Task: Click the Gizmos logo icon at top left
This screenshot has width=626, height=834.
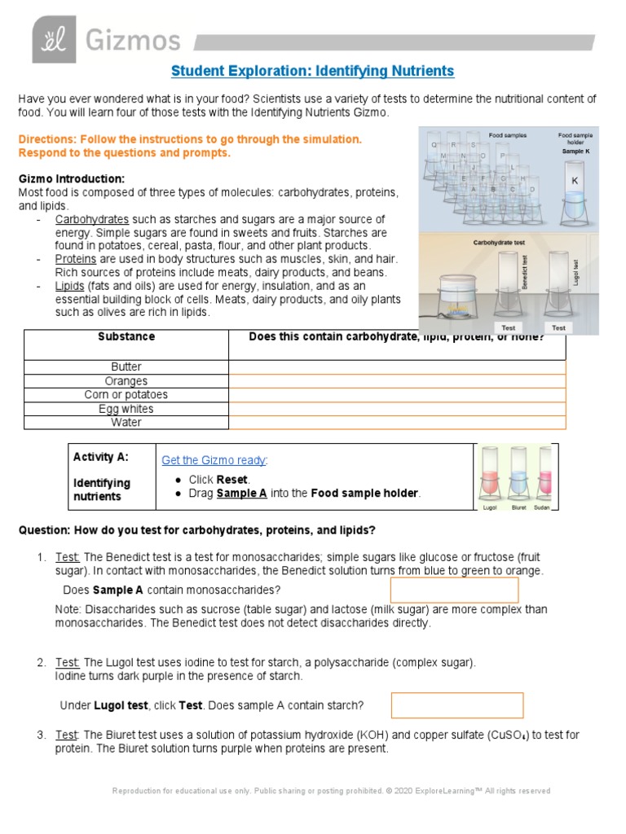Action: point(54,39)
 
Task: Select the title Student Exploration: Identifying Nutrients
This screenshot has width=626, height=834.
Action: point(313,71)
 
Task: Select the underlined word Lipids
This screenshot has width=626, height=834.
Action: point(70,286)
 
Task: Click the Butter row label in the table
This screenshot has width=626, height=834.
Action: point(126,367)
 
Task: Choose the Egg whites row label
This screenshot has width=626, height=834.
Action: point(126,409)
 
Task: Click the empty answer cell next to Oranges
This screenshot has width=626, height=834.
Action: point(397,381)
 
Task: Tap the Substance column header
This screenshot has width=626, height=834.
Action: point(126,336)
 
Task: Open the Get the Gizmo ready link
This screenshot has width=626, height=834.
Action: point(214,460)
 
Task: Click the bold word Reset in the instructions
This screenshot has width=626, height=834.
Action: point(232,480)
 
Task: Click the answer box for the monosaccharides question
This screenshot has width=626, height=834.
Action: point(455,590)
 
